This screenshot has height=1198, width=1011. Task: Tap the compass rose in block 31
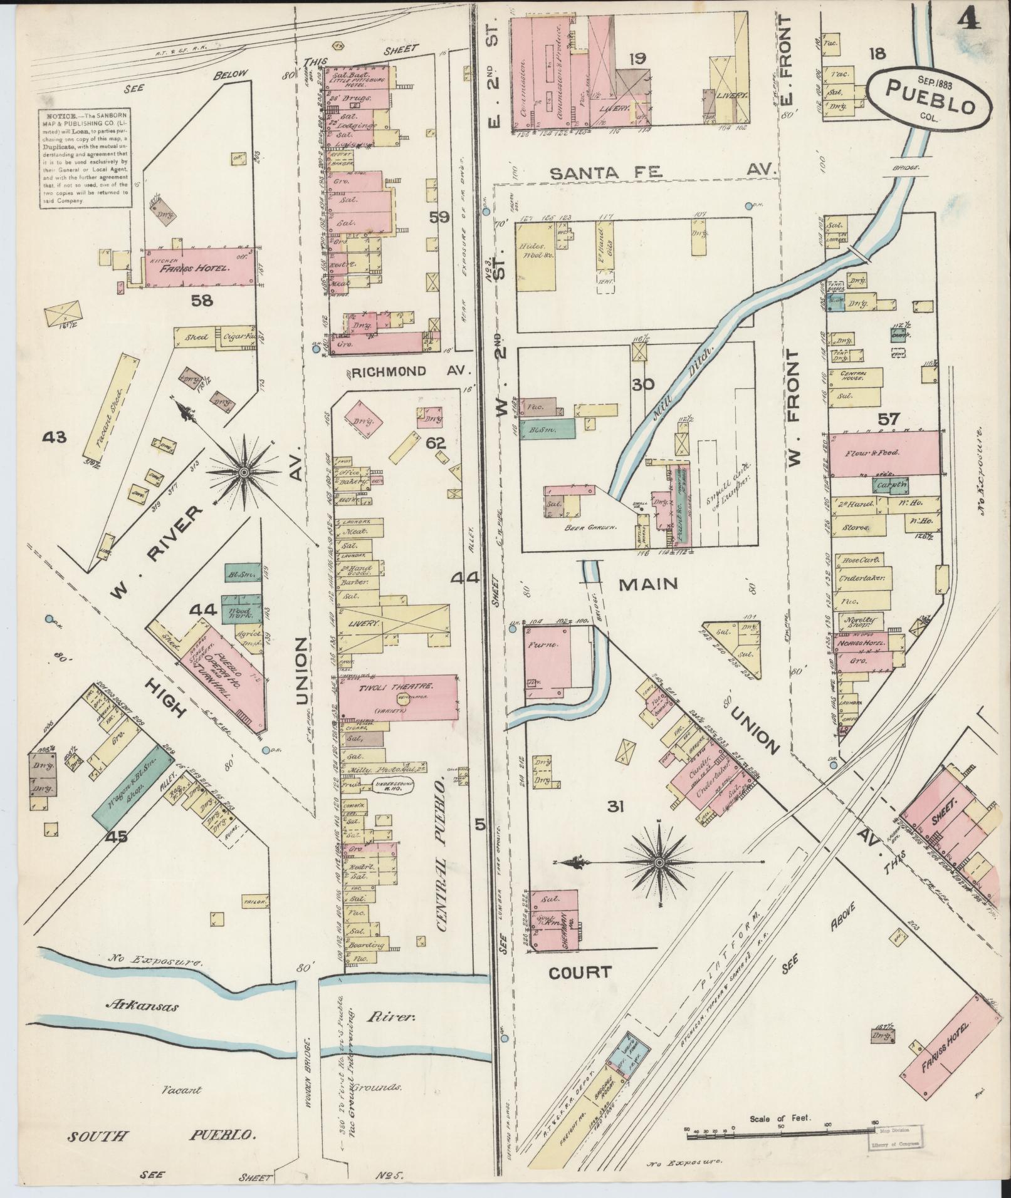click(x=658, y=863)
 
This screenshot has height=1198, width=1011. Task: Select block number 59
click(x=439, y=217)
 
